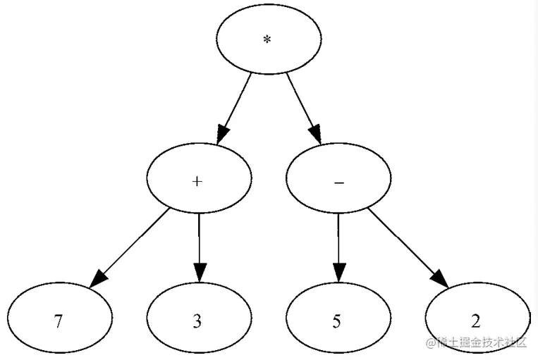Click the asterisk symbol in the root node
(267, 40)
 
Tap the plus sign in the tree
(198, 181)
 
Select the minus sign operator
(338, 182)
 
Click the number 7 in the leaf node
(59, 322)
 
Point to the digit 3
(197, 322)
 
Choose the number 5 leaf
(337, 322)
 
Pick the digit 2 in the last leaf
(477, 322)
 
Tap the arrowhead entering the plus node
(224, 134)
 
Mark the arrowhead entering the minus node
(314, 134)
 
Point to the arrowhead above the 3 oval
(199, 272)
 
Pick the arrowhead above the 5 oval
(338, 272)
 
